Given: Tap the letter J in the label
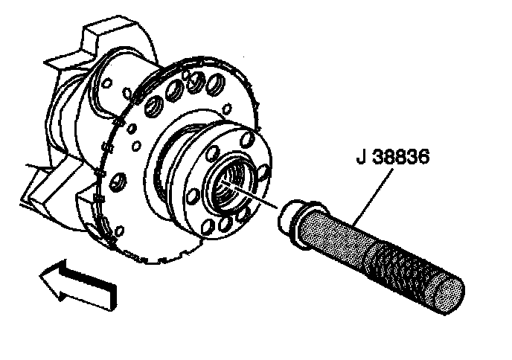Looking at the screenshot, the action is pyautogui.click(x=355, y=158).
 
